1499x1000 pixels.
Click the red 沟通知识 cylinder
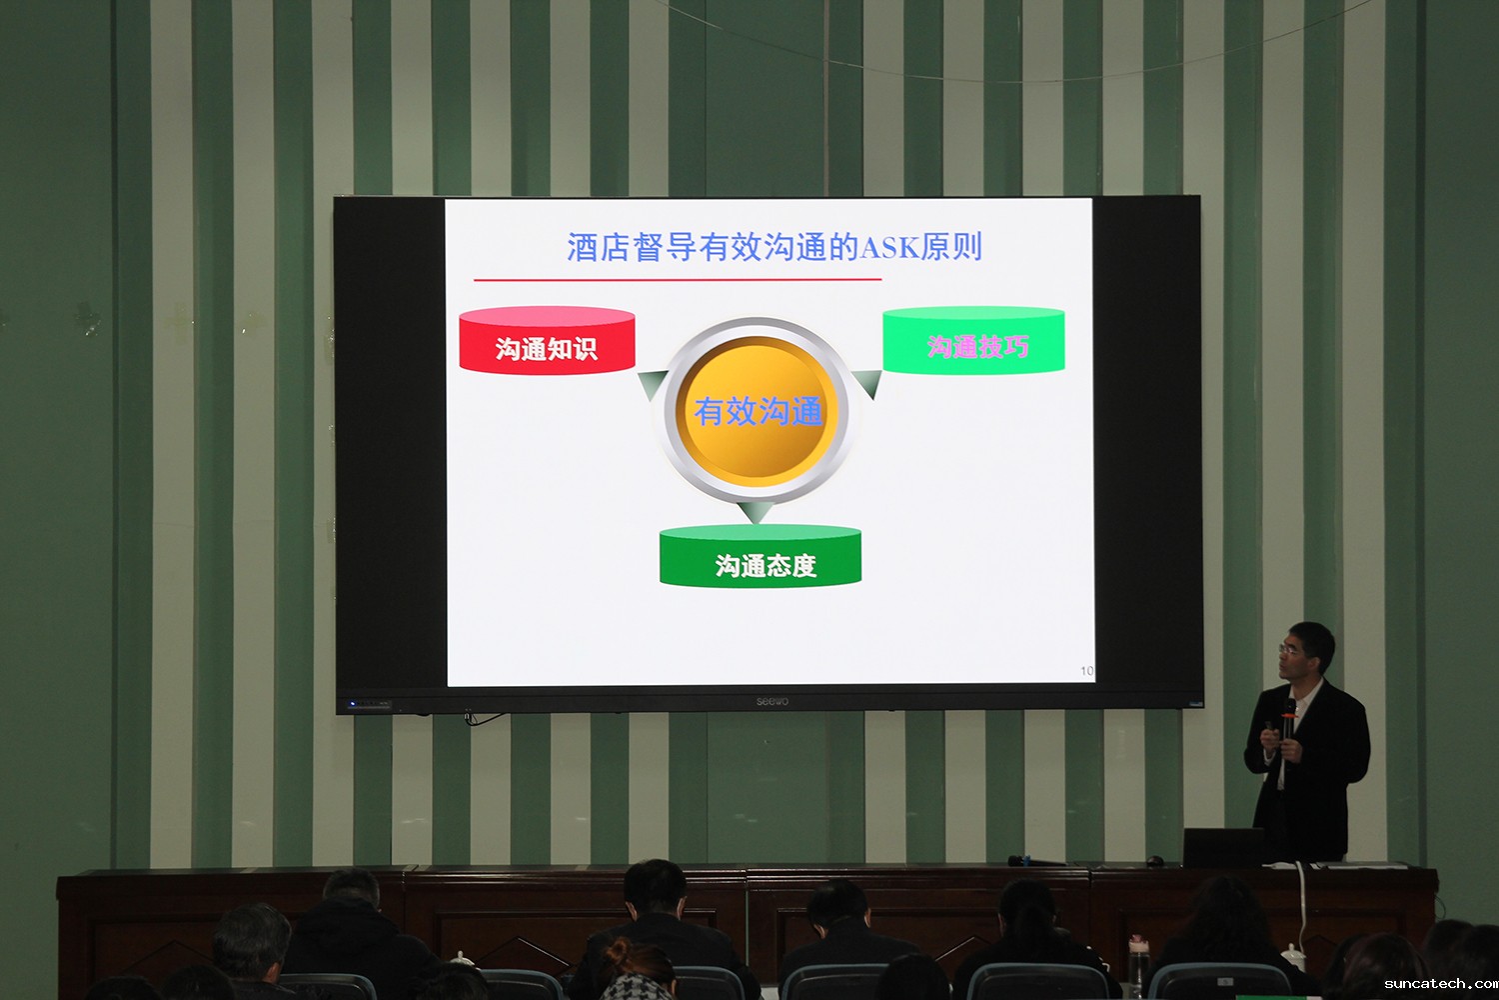(x=547, y=340)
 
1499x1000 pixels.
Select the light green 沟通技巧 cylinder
(x=973, y=340)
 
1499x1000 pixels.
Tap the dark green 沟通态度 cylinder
(x=760, y=555)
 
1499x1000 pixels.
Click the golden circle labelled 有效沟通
(x=756, y=410)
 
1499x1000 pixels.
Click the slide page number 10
(x=1087, y=670)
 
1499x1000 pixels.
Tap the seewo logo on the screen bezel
(x=772, y=701)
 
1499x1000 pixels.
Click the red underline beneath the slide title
(x=678, y=279)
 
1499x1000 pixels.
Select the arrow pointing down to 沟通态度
(x=756, y=512)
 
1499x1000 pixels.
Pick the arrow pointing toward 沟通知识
(x=653, y=384)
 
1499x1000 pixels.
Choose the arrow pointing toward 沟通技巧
(x=868, y=384)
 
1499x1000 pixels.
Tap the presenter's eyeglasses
(x=1288, y=648)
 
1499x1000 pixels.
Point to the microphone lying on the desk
(x=1036, y=861)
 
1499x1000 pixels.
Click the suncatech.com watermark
(x=1441, y=984)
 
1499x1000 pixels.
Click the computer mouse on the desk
(x=1154, y=861)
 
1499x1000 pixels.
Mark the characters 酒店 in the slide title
(x=599, y=247)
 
